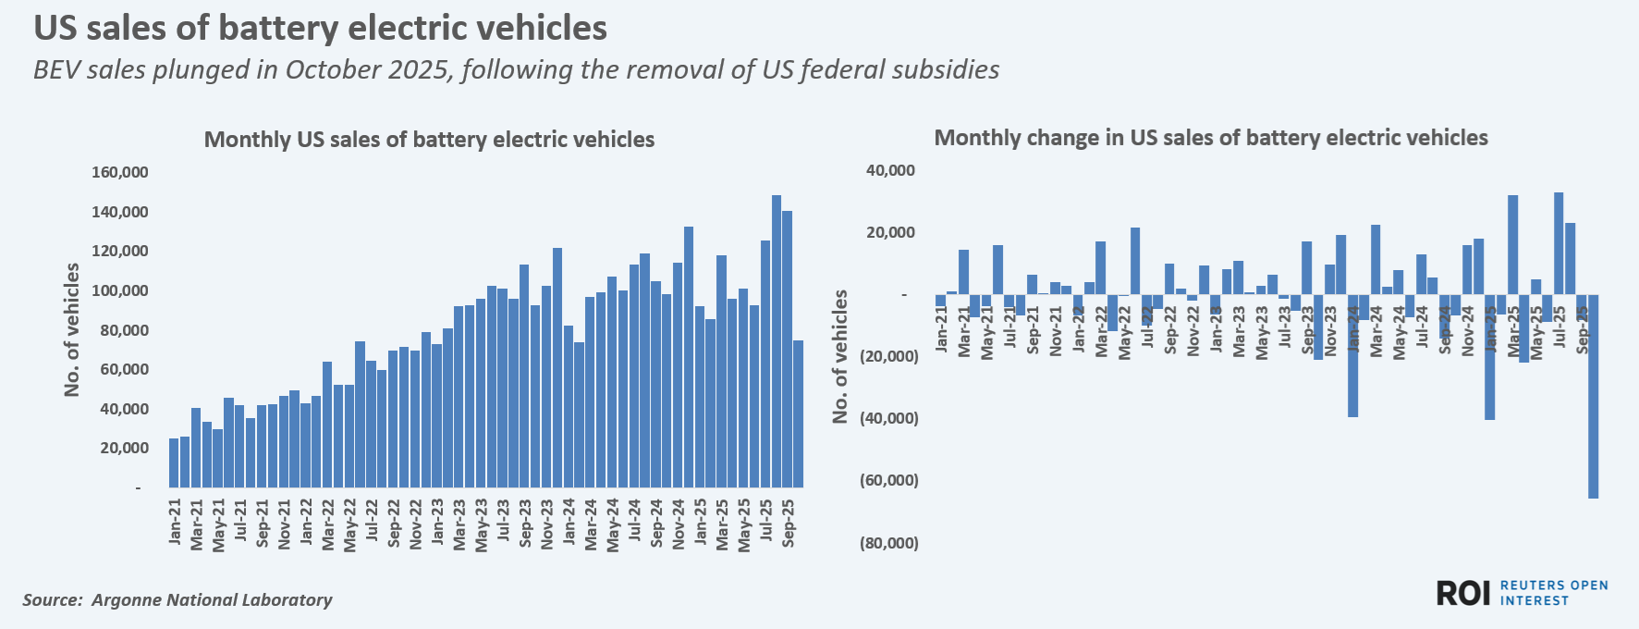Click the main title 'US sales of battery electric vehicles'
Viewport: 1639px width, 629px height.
tap(320, 28)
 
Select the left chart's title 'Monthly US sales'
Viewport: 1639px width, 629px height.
tap(429, 140)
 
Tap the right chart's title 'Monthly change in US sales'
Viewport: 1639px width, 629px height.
tap(1210, 138)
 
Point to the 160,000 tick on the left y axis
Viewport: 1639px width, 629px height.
tap(119, 173)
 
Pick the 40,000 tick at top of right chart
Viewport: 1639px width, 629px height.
tap(889, 170)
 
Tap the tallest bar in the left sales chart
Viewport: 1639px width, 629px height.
tap(777, 341)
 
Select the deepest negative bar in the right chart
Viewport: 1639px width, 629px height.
tap(1594, 397)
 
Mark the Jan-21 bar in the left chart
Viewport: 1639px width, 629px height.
tap(174, 462)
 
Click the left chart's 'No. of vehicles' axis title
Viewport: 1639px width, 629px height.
tap(72, 329)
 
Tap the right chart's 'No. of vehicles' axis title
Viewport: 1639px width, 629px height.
tap(840, 356)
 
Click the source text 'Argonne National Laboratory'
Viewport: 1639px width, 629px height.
tap(212, 600)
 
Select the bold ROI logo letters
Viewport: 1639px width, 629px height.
tap(1463, 594)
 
